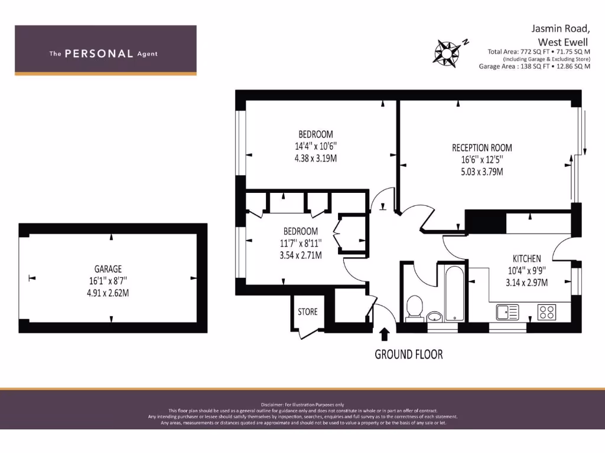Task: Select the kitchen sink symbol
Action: coord(507,311)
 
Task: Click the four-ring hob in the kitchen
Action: coord(547,311)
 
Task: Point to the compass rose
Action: coord(447,52)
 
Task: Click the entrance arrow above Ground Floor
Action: coord(385,334)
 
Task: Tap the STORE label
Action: coord(307,311)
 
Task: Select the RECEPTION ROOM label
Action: coord(482,148)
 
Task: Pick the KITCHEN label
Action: coord(526,258)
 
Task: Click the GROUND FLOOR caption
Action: coord(408,354)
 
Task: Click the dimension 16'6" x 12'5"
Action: coord(482,160)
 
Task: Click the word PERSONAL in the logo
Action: coord(99,54)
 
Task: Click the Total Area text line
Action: coord(539,51)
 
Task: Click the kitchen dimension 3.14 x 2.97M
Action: coord(526,282)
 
